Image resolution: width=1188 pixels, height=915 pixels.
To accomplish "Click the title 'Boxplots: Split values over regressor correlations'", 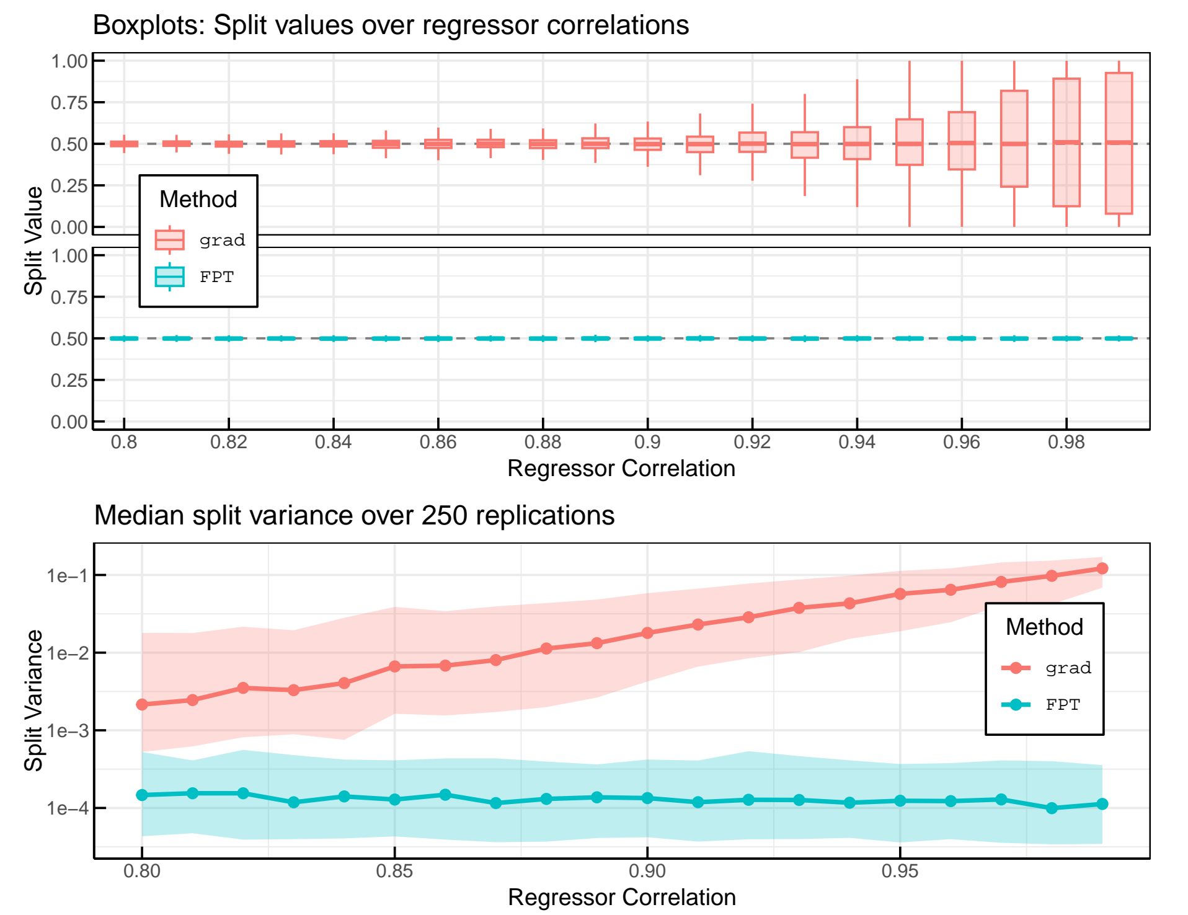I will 391,25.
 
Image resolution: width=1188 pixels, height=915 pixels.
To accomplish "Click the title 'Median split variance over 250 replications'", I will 354,515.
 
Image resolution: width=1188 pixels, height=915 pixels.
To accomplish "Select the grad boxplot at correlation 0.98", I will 1066,143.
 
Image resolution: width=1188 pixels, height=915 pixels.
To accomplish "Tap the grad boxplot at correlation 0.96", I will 961,141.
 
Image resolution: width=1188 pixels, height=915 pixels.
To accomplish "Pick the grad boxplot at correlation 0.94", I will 856,143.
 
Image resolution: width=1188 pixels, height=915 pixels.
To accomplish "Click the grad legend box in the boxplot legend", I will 169,240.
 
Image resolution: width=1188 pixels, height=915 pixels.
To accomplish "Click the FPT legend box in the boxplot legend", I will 169,276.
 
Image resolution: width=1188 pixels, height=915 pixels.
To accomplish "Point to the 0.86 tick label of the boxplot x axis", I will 438,442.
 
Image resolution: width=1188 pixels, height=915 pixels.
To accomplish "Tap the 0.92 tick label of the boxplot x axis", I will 752,442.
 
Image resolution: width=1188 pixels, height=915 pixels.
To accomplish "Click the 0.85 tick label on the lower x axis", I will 394,871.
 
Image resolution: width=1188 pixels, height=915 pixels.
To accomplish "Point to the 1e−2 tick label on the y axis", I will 67,653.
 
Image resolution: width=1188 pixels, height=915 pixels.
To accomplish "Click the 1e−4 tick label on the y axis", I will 67,808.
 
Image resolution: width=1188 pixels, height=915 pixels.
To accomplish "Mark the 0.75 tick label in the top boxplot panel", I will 69,102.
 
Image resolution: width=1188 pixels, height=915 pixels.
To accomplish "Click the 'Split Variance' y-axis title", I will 33,701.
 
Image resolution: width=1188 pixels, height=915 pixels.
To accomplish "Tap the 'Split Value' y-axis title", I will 33,241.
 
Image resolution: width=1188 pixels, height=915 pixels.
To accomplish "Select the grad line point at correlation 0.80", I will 142,704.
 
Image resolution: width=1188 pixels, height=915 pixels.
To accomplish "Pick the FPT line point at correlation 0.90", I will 647,798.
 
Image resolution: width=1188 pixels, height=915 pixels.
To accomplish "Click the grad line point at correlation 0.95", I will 900,594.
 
